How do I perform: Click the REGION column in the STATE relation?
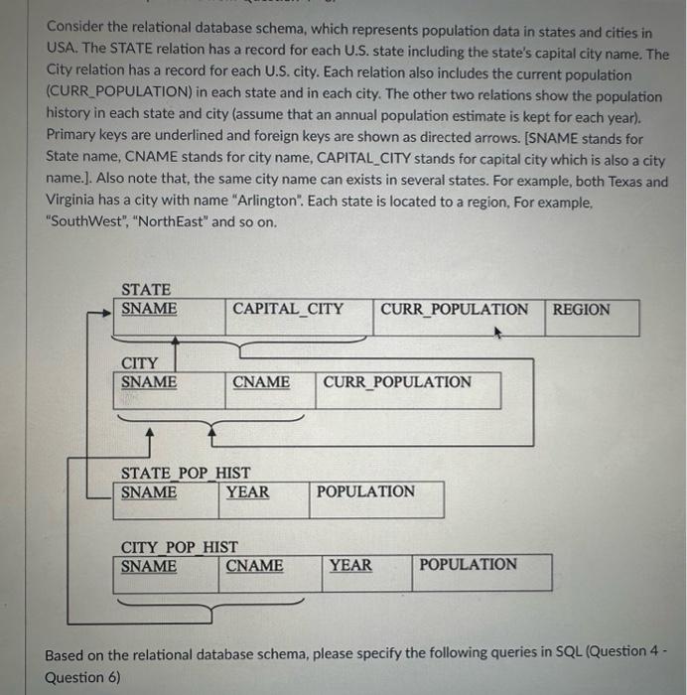(582, 310)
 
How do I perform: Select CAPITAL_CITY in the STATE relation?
(288, 309)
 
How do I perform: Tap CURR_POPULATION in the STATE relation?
(455, 309)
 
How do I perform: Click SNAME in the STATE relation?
(149, 309)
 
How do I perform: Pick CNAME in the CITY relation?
(261, 382)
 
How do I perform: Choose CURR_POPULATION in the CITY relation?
(397, 382)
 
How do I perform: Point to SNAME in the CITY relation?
(149, 382)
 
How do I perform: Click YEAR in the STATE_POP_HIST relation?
(247, 491)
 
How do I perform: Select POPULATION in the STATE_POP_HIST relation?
(365, 491)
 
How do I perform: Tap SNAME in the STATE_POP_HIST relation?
(149, 491)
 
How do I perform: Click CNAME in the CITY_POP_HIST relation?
(254, 566)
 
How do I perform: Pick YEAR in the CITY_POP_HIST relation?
(350, 566)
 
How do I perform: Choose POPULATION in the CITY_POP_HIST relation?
(468, 565)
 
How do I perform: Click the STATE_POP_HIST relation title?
(186, 474)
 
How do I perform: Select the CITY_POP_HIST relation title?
(180, 547)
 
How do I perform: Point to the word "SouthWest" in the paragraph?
(83, 221)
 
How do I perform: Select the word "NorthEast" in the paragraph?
(171, 221)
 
